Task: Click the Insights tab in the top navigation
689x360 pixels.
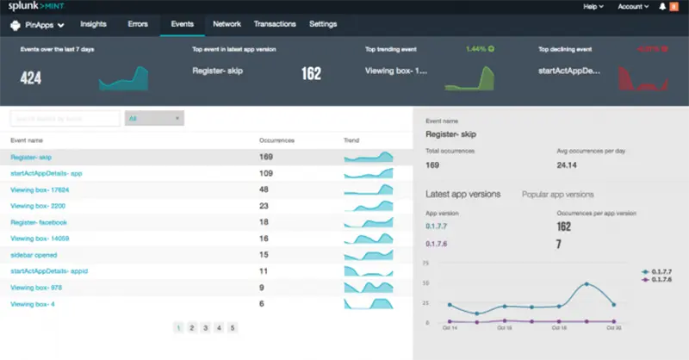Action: [x=93, y=24]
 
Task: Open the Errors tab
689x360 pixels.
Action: [x=138, y=24]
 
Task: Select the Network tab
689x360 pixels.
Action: [x=227, y=24]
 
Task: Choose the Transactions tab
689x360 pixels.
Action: [x=275, y=24]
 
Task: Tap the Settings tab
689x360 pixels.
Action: [x=323, y=24]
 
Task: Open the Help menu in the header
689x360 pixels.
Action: [x=593, y=7]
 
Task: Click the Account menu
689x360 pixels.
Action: [x=633, y=7]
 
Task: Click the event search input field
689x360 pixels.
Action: [x=65, y=118]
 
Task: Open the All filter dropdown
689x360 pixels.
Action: [x=154, y=118]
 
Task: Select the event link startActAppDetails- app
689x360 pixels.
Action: [x=46, y=173]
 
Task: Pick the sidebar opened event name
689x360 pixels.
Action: [x=34, y=255]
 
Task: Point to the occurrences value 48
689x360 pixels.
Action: [x=264, y=189]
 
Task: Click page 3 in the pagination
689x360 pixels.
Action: [x=205, y=327]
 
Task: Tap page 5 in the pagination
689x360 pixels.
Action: [x=233, y=327]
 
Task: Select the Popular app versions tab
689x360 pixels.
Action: [x=557, y=195]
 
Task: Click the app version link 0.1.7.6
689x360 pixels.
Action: [x=438, y=244]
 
